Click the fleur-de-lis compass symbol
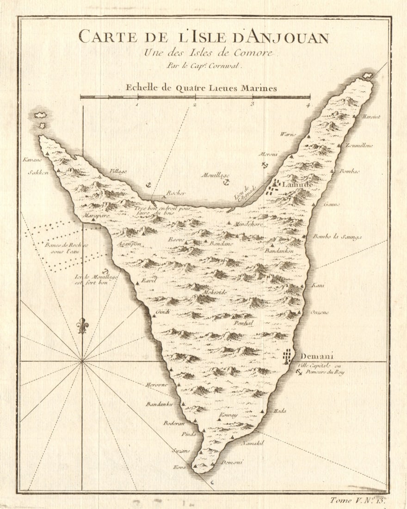click(83, 325)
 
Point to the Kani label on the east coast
click(318, 285)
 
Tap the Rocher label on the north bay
click(176, 193)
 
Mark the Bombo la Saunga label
click(337, 237)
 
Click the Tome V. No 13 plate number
click(358, 500)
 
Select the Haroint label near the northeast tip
click(371, 117)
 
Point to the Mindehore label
click(249, 224)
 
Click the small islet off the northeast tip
click(368, 75)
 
